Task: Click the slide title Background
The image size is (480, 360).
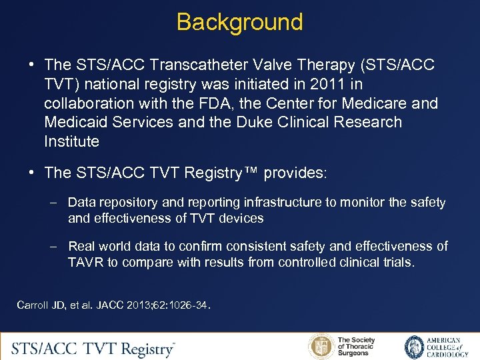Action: coord(239,22)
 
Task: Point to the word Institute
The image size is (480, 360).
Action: coord(71,141)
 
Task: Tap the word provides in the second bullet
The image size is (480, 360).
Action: coord(294,173)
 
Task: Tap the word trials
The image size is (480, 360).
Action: coord(396,262)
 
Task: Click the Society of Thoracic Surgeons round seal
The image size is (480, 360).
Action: coord(321,347)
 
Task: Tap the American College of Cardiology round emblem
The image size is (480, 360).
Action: coord(415,347)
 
